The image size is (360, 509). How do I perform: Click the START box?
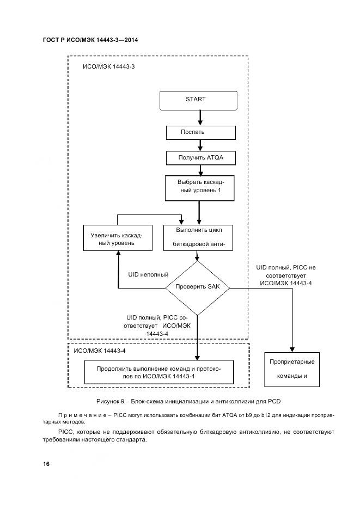pyautogui.click(x=198, y=100)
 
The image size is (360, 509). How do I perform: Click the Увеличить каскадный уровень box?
pyautogui.click(x=117, y=239)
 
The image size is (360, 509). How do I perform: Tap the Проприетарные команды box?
pyautogui.click(x=294, y=369)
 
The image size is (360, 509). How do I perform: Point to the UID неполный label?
pyautogui.click(x=148, y=274)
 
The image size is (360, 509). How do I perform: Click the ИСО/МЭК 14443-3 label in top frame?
pyautogui.click(x=108, y=68)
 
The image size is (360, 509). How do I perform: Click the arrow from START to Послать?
pyautogui.click(x=200, y=118)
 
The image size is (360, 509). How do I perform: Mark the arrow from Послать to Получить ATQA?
pyautogui.click(x=200, y=145)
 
